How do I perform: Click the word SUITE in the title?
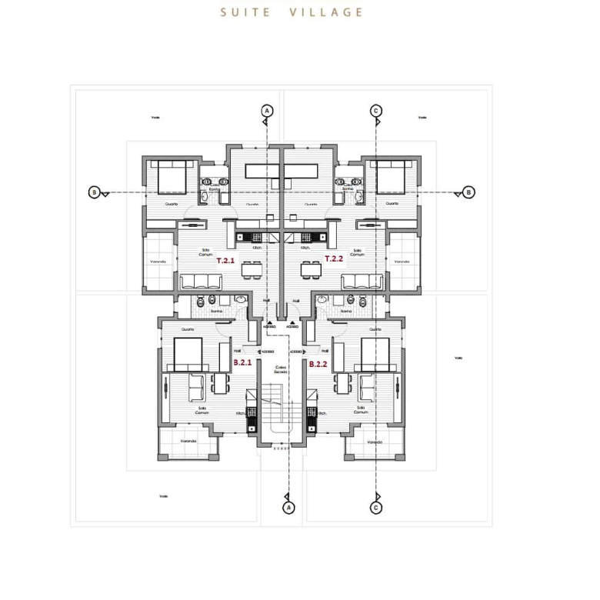coord(245,12)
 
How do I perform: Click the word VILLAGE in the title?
coord(327,12)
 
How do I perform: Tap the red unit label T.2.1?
coord(225,260)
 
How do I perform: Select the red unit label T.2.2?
coord(334,259)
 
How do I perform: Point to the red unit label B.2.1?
coord(242,363)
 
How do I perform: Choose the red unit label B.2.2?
coord(318,363)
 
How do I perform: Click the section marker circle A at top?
coord(267,111)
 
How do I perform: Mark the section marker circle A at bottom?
coord(288,508)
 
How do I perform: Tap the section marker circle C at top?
coord(376,111)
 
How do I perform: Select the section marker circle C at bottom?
coord(376,508)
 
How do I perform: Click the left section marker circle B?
coord(93,192)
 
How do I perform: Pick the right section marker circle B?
coord(469,192)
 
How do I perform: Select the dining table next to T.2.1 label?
coord(249,270)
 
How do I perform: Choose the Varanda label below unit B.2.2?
coord(375,442)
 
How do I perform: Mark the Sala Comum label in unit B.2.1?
coord(202,410)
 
